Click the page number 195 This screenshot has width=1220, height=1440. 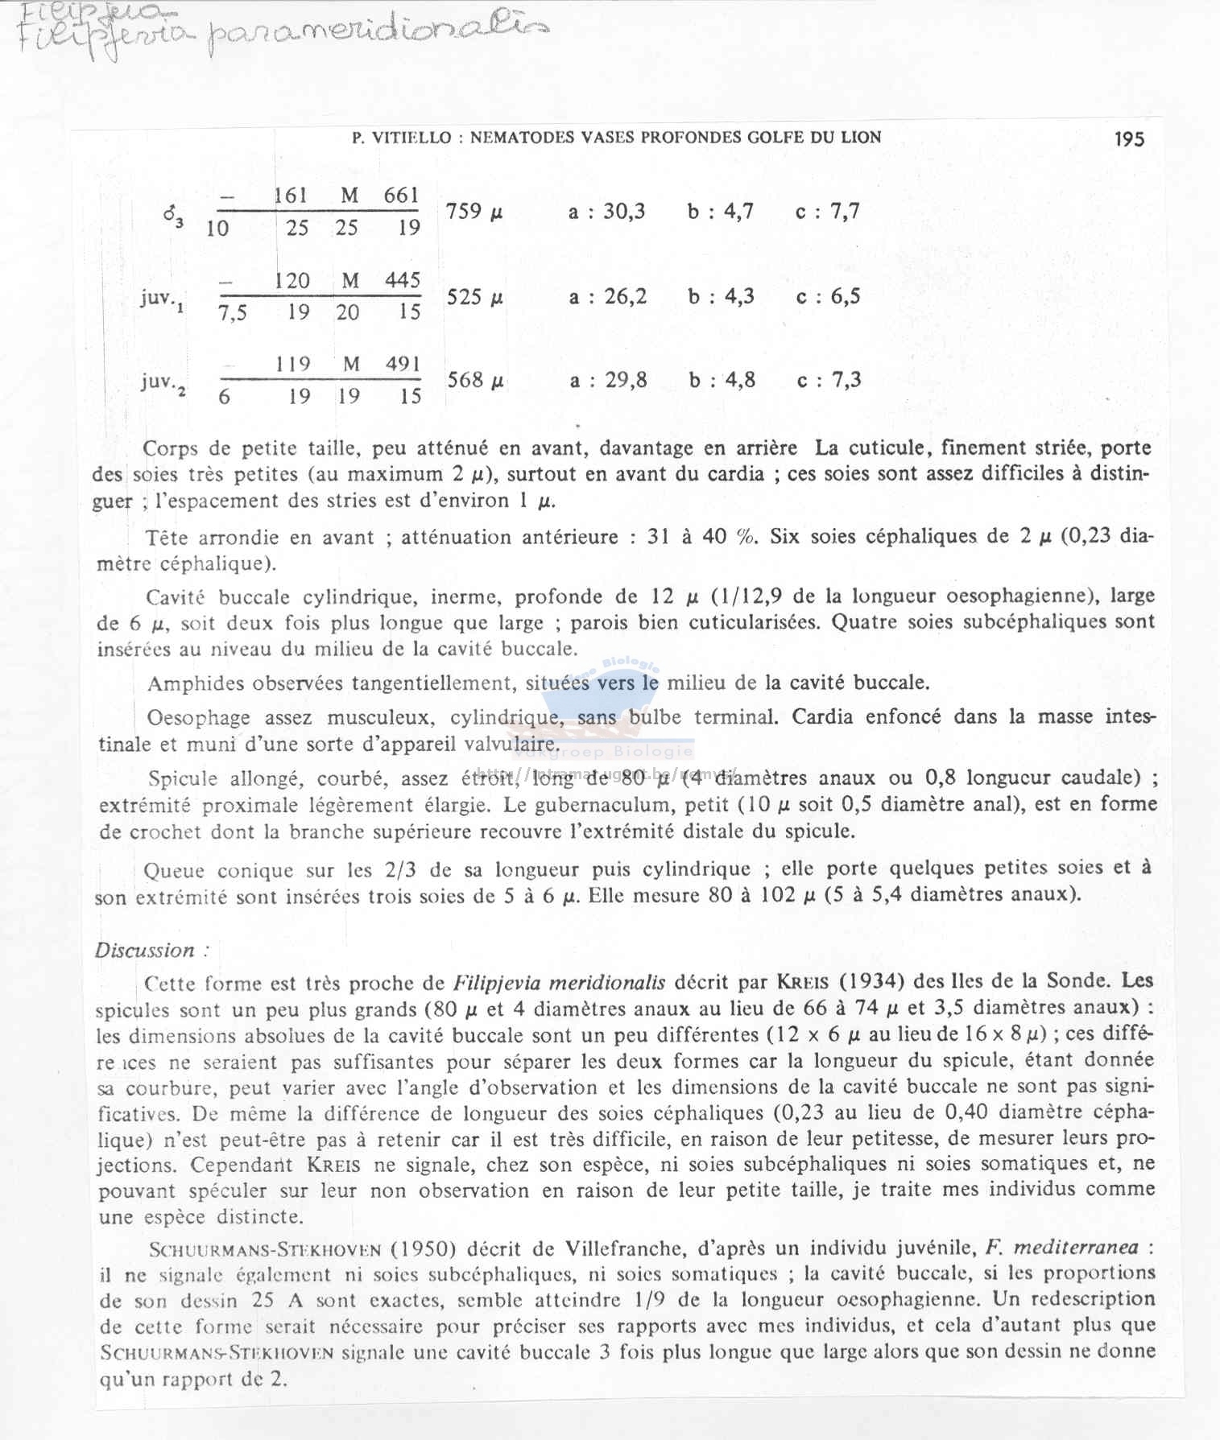click(1129, 139)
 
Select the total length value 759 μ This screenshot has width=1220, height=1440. click(474, 212)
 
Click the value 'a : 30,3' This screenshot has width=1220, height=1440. click(606, 212)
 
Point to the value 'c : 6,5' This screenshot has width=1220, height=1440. click(828, 297)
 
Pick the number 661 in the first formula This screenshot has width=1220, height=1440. click(401, 196)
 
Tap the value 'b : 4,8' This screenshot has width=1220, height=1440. click(722, 380)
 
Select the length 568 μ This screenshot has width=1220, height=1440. click(475, 380)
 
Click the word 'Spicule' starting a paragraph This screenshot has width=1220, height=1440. click(183, 778)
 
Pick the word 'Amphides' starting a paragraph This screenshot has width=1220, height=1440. click(196, 684)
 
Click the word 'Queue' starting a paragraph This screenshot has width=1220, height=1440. click(173, 871)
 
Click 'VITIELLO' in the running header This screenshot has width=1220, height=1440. click(411, 138)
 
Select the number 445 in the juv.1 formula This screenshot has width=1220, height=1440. click(403, 280)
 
